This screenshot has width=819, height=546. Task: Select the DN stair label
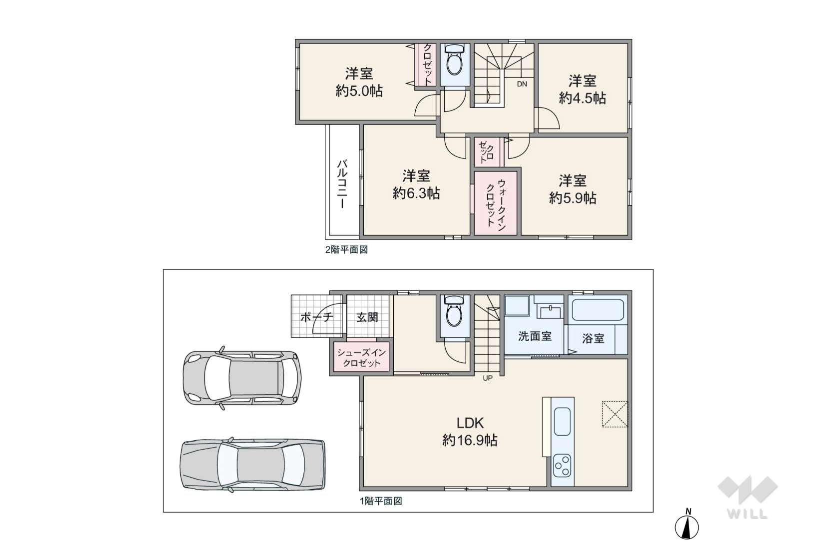(x=522, y=84)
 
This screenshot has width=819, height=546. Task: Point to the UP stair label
(x=488, y=378)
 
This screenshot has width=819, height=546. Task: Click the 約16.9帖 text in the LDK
(x=470, y=441)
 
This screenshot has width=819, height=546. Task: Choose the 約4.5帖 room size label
(x=583, y=98)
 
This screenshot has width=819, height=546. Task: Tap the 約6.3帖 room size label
(x=416, y=193)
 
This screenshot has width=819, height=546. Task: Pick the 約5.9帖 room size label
(x=573, y=198)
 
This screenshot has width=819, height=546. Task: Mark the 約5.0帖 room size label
(x=359, y=91)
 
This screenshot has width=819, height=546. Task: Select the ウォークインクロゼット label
(x=495, y=205)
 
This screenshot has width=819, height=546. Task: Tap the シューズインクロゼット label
(x=362, y=358)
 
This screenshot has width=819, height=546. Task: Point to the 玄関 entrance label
(x=367, y=317)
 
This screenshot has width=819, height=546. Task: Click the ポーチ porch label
(x=317, y=317)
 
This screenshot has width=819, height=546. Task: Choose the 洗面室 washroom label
(x=535, y=336)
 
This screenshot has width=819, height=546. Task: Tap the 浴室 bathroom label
(x=593, y=338)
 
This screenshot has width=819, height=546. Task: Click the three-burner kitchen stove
(x=562, y=465)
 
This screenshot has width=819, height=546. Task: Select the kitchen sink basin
(x=562, y=422)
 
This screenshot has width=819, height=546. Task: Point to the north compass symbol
(x=687, y=525)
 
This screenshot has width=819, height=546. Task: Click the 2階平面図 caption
(x=347, y=250)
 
